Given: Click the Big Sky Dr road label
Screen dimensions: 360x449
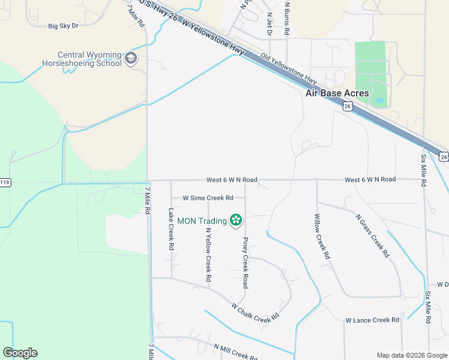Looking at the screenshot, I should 64,26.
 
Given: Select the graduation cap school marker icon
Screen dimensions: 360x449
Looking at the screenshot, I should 131,59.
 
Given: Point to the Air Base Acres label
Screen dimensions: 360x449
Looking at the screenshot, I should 337,93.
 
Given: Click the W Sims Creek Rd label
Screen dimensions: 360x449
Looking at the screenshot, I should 208,197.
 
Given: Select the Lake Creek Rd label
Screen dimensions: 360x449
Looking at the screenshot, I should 171,229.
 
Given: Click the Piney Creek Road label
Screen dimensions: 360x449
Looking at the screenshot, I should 245,262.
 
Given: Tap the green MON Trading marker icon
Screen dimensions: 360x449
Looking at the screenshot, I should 236,221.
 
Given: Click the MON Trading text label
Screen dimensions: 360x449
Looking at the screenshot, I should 202,221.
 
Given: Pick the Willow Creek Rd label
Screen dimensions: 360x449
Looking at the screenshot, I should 322,236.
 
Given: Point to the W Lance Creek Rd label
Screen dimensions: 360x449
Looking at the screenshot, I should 372,320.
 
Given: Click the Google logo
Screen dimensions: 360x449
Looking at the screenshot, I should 20,353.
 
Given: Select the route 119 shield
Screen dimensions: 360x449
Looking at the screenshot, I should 5,182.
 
